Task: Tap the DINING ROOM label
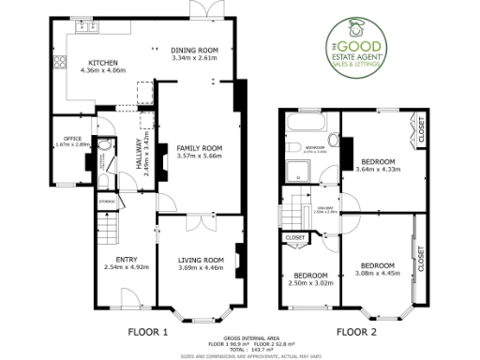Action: (x=194, y=49)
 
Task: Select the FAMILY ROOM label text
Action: (x=198, y=148)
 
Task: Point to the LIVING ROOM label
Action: (x=201, y=260)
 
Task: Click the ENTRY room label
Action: (x=127, y=260)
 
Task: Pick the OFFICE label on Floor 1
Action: (x=71, y=139)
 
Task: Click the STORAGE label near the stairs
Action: (x=107, y=200)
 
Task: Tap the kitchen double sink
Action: (x=93, y=27)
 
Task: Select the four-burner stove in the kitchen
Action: (x=59, y=63)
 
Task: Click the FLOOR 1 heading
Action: (x=147, y=331)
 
